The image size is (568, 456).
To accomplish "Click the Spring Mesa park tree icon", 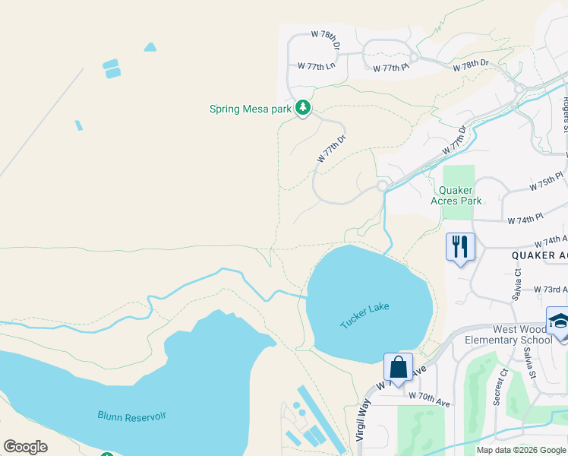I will click(303, 109).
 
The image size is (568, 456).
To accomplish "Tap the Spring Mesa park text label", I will click(251, 109).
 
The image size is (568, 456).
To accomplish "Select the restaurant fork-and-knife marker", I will click(460, 247).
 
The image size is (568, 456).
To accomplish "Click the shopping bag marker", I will click(398, 368).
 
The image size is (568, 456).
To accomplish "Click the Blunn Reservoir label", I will click(131, 416).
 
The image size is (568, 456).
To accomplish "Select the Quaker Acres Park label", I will click(460, 196).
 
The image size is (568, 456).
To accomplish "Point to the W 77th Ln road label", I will click(316, 66).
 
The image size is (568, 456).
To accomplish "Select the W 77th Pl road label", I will click(391, 68).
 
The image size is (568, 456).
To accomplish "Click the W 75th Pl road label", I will click(547, 182).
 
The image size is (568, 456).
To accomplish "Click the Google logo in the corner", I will click(26, 447).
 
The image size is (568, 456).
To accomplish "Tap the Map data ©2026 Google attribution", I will click(519, 450).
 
